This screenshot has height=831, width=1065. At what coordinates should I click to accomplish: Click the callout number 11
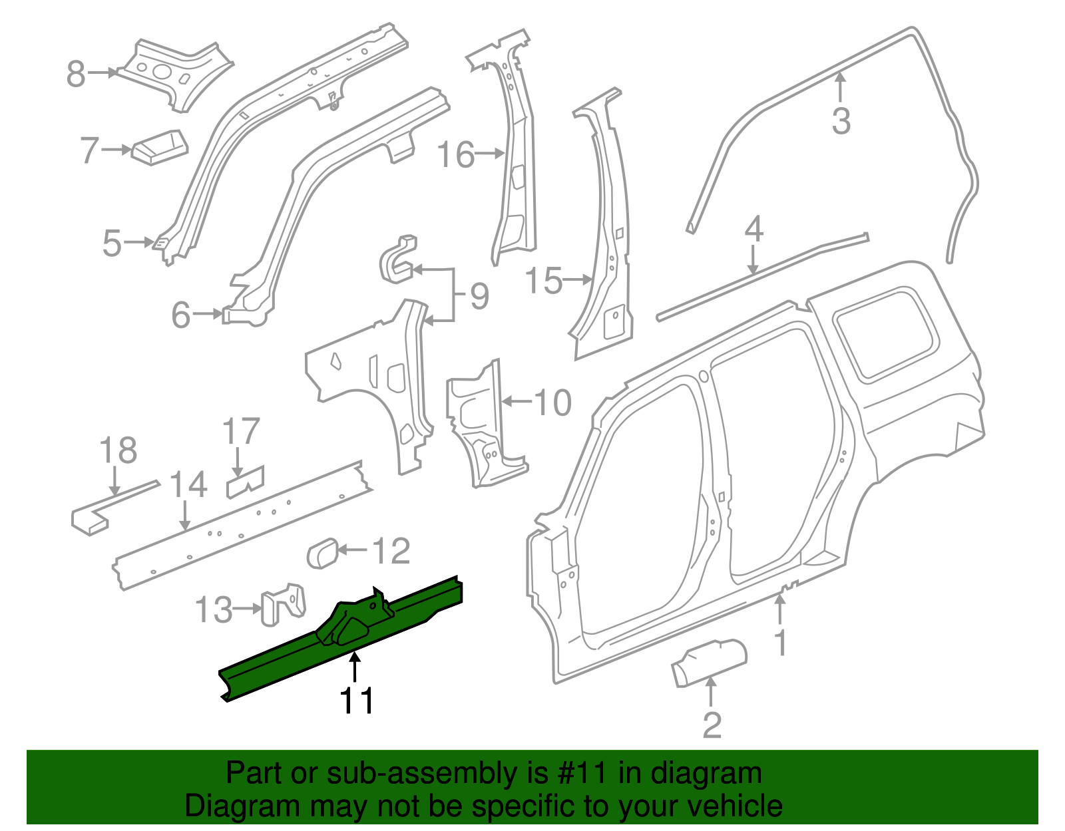click(x=357, y=701)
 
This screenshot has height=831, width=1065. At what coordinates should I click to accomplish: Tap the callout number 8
click(x=76, y=74)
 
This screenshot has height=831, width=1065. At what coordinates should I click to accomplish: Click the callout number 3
click(x=841, y=122)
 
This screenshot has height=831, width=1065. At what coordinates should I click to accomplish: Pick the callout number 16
click(x=456, y=155)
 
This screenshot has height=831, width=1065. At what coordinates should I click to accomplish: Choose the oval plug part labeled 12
click(x=322, y=554)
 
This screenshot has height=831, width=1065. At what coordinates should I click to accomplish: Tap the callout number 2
click(x=712, y=725)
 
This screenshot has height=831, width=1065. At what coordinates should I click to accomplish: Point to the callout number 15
click(x=544, y=281)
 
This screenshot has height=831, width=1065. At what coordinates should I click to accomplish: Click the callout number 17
click(x=241, y=432)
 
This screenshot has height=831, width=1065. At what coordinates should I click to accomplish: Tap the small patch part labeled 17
click(x=245, y=482)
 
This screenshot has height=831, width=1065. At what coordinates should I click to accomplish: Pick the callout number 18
click(x=118, y=450)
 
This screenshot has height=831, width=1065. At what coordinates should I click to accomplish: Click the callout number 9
click(x=479, y=296)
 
